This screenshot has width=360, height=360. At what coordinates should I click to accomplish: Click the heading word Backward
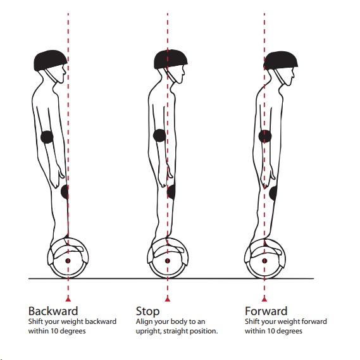[x=53, y=311]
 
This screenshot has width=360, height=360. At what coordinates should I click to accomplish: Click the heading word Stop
[x=147, y=311]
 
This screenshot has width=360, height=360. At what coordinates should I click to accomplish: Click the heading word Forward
[x=266, y=311]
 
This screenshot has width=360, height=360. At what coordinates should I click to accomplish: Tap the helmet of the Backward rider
[x=50, y=60]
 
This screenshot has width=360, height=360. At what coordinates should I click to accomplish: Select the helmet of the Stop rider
[x=170, y=59]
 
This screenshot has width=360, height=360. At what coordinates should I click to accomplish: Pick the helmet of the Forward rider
[x=280, y=60]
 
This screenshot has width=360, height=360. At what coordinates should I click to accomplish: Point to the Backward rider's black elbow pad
[x=47, y=137]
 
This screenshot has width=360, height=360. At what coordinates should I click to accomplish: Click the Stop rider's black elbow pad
[x=159, y=135]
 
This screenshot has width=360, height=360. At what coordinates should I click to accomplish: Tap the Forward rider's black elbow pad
[x=265, y=137]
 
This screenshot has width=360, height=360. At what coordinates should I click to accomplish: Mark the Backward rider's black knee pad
[x=65, y=192]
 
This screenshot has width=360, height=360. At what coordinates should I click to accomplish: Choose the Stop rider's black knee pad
[x=171, y=192]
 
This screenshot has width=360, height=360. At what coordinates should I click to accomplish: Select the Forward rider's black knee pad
[x=273, y=193]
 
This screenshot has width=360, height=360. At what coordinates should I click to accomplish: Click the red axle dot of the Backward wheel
[x=68, y=261]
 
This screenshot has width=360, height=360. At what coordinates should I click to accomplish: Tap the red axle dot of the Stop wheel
[x=168, y=261]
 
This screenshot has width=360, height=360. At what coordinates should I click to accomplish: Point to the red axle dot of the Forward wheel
[x=264, y=261]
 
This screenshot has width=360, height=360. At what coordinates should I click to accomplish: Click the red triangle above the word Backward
[x=68, y=299]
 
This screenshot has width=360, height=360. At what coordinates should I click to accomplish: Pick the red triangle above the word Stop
[x=168, y=299]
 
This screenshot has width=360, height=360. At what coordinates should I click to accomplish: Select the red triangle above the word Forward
[x=264, y=299]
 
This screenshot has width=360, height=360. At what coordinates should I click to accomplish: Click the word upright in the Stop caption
[x=148, y=332]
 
